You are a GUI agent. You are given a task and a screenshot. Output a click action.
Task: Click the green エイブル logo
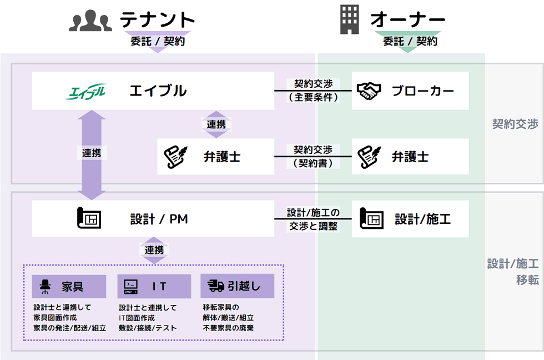[x=85, y=91]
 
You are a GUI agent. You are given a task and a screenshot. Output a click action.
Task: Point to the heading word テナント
[x=158, y=21]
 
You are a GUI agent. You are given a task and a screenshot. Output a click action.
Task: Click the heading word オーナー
[x=408, y=21]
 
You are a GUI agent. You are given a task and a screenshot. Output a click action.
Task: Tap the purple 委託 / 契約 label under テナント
[x=158, y=41]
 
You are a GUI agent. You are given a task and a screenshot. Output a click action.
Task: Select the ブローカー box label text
[x=423, y=91]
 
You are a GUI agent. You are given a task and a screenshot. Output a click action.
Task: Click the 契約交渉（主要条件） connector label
[x=314, y=91]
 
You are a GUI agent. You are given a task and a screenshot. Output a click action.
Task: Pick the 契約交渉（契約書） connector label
[x=314, y=157]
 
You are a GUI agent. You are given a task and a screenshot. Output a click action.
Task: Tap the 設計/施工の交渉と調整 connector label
[x=314, y=219]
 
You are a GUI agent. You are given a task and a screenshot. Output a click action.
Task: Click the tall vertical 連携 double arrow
[x=92, y=154]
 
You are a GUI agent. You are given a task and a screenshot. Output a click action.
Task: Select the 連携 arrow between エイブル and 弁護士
[x=216, y=124]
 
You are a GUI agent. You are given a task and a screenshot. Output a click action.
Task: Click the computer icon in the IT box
[x=130, y=286]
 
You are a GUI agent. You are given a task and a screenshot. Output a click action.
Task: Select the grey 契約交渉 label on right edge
[x=515, y=124]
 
